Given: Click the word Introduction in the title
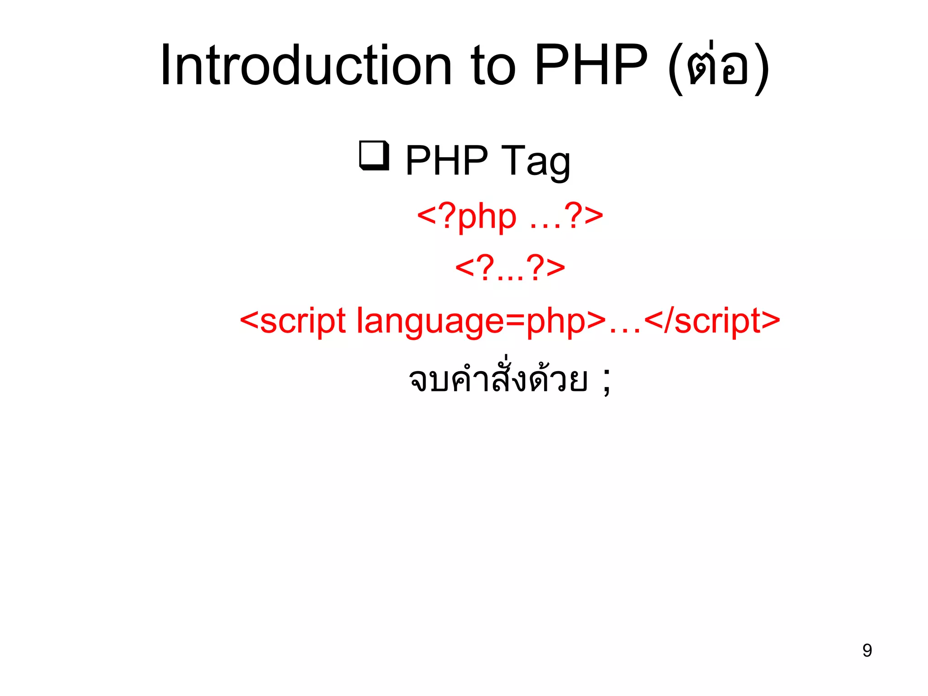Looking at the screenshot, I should click(306, 66).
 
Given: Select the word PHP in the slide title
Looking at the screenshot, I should click(591, 66).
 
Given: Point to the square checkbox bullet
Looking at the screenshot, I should click(374, 155).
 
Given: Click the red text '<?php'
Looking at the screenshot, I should click(467, 216).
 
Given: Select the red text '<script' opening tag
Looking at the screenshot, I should click(293, 321).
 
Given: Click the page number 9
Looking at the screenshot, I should click(867, 650).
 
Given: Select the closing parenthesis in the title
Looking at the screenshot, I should click(762, 68).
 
